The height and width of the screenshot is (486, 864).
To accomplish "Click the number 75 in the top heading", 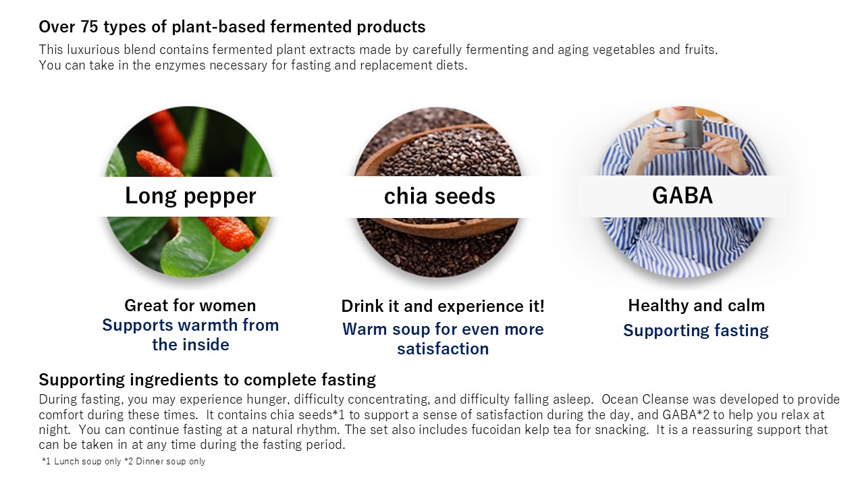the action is pyautogui.click(x=90, y=27).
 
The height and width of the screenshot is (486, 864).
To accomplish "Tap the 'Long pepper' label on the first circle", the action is pyautogui.click(x=190, y=196).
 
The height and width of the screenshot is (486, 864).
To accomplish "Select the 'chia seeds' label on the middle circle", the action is pyautogui.click(x=439, y=196).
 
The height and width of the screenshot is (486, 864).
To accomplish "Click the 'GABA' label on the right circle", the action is pyautogui.click(x=682, y=195).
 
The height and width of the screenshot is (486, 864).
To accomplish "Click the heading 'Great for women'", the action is pyautogui.click(x=190, y=306).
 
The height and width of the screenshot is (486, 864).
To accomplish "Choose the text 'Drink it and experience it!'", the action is pyautogui.click(x=443, y=306).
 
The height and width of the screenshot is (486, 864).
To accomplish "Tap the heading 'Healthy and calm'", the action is pyautogui.click(x=696, y=306).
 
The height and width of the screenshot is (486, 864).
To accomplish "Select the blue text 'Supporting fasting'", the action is pyautogui.click(x=696, y=331).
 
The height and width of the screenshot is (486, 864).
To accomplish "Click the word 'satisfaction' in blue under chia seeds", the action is pyautogui.click(x=443, y=349).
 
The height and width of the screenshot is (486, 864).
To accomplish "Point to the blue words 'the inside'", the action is pyautogui.click(x=190, y=344).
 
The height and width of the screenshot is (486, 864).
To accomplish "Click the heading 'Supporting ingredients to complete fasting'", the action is pyautogui.click(x=207, y=380).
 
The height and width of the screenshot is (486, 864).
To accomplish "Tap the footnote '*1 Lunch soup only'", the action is pyautogui.click(x=82, y=461).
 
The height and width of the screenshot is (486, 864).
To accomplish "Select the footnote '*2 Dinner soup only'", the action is pyautogui.click(x=165, y=461).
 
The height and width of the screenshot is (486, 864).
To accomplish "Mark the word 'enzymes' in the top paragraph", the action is pyautogui.click(x=180, y=65).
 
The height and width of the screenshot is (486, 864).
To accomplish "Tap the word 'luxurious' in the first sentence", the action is pyautogui.click(x=93, y=50).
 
